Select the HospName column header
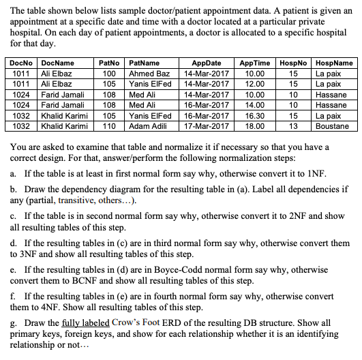coord(335,63)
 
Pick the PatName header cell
coord(144,63)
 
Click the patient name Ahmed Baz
coord(149,73)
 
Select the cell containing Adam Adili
coord(150,126)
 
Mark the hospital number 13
coord(293,126)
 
